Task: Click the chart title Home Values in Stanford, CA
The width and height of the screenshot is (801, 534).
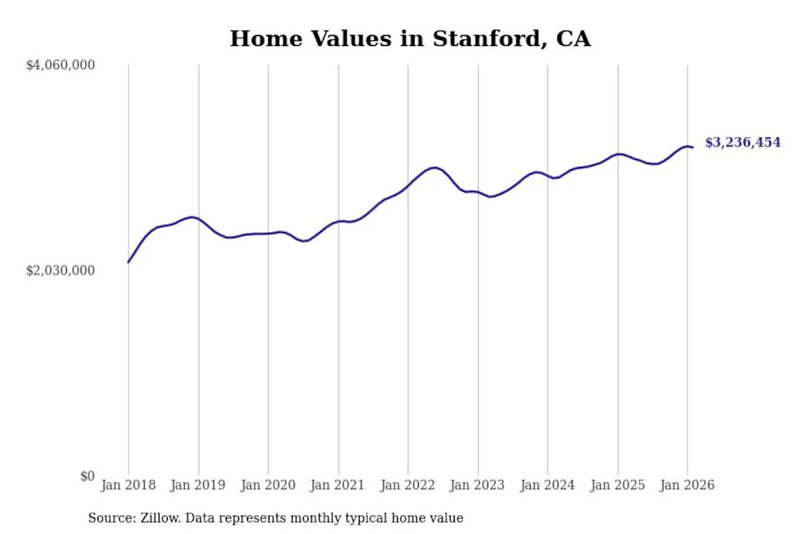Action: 410,38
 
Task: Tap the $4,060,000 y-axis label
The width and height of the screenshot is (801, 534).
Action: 61,65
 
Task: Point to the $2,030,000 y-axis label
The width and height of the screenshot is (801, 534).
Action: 61,270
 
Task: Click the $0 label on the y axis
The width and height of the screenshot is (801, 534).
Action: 87,476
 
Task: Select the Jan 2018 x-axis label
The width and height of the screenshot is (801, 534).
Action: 128,485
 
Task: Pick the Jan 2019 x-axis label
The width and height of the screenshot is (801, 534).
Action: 199,485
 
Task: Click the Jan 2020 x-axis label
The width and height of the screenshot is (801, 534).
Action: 268,485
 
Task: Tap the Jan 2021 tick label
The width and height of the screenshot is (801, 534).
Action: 338,485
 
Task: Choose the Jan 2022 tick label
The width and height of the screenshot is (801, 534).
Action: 408,485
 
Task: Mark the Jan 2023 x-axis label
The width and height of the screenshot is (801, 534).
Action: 477,485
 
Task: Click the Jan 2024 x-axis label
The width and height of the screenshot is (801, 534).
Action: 547,485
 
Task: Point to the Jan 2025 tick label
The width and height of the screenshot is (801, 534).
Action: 617,485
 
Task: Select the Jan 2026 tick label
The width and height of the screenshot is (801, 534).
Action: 687,485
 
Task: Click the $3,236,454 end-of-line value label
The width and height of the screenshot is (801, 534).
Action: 743,143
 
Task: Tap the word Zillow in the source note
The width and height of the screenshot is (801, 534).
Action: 159,518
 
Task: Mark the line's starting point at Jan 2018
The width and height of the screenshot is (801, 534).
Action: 128,262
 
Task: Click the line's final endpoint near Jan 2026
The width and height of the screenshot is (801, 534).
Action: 693,148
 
